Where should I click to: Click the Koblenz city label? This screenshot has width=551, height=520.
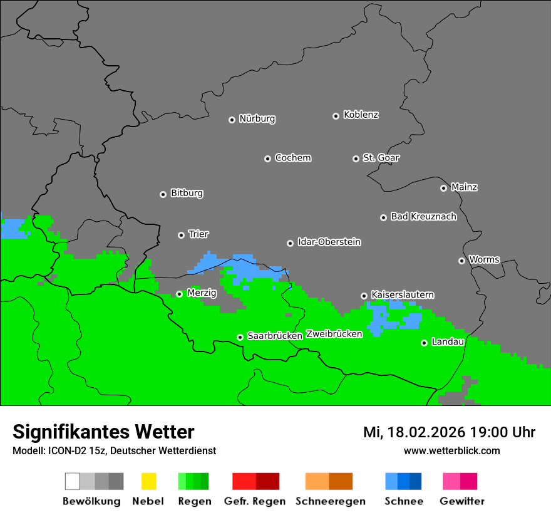[x=361, y=115]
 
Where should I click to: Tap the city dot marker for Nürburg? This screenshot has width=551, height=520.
[x=232, y=120]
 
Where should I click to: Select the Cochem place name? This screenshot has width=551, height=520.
[x=292, y=158]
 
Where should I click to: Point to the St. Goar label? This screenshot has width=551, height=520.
[x=381, y=158]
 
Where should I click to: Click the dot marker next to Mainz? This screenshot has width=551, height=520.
[x=443, y=188]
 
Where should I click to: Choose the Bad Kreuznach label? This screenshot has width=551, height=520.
[x=423, y=217]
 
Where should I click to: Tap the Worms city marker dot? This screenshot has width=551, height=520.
[x=461, y=261]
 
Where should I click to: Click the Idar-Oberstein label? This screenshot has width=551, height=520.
[x=329, y=242]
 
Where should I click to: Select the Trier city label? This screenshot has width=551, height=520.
[x=198, y=234]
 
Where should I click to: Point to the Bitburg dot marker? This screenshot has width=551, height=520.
[x=163, y=194]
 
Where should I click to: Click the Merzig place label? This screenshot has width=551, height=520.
[x=202, y=293]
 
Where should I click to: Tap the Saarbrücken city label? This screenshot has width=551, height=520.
[x=275, y=336]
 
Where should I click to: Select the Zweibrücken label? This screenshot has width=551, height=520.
[x=334, y=334]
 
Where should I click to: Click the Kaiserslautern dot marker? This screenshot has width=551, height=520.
[x=364, y=296]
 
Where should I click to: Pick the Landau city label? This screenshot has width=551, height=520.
[x=448, y=342]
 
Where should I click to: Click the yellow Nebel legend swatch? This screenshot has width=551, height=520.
[x=148, y=481]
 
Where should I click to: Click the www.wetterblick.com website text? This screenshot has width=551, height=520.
[x=451, y=451]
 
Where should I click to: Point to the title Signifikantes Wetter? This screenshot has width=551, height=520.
[x=103, y=432]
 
